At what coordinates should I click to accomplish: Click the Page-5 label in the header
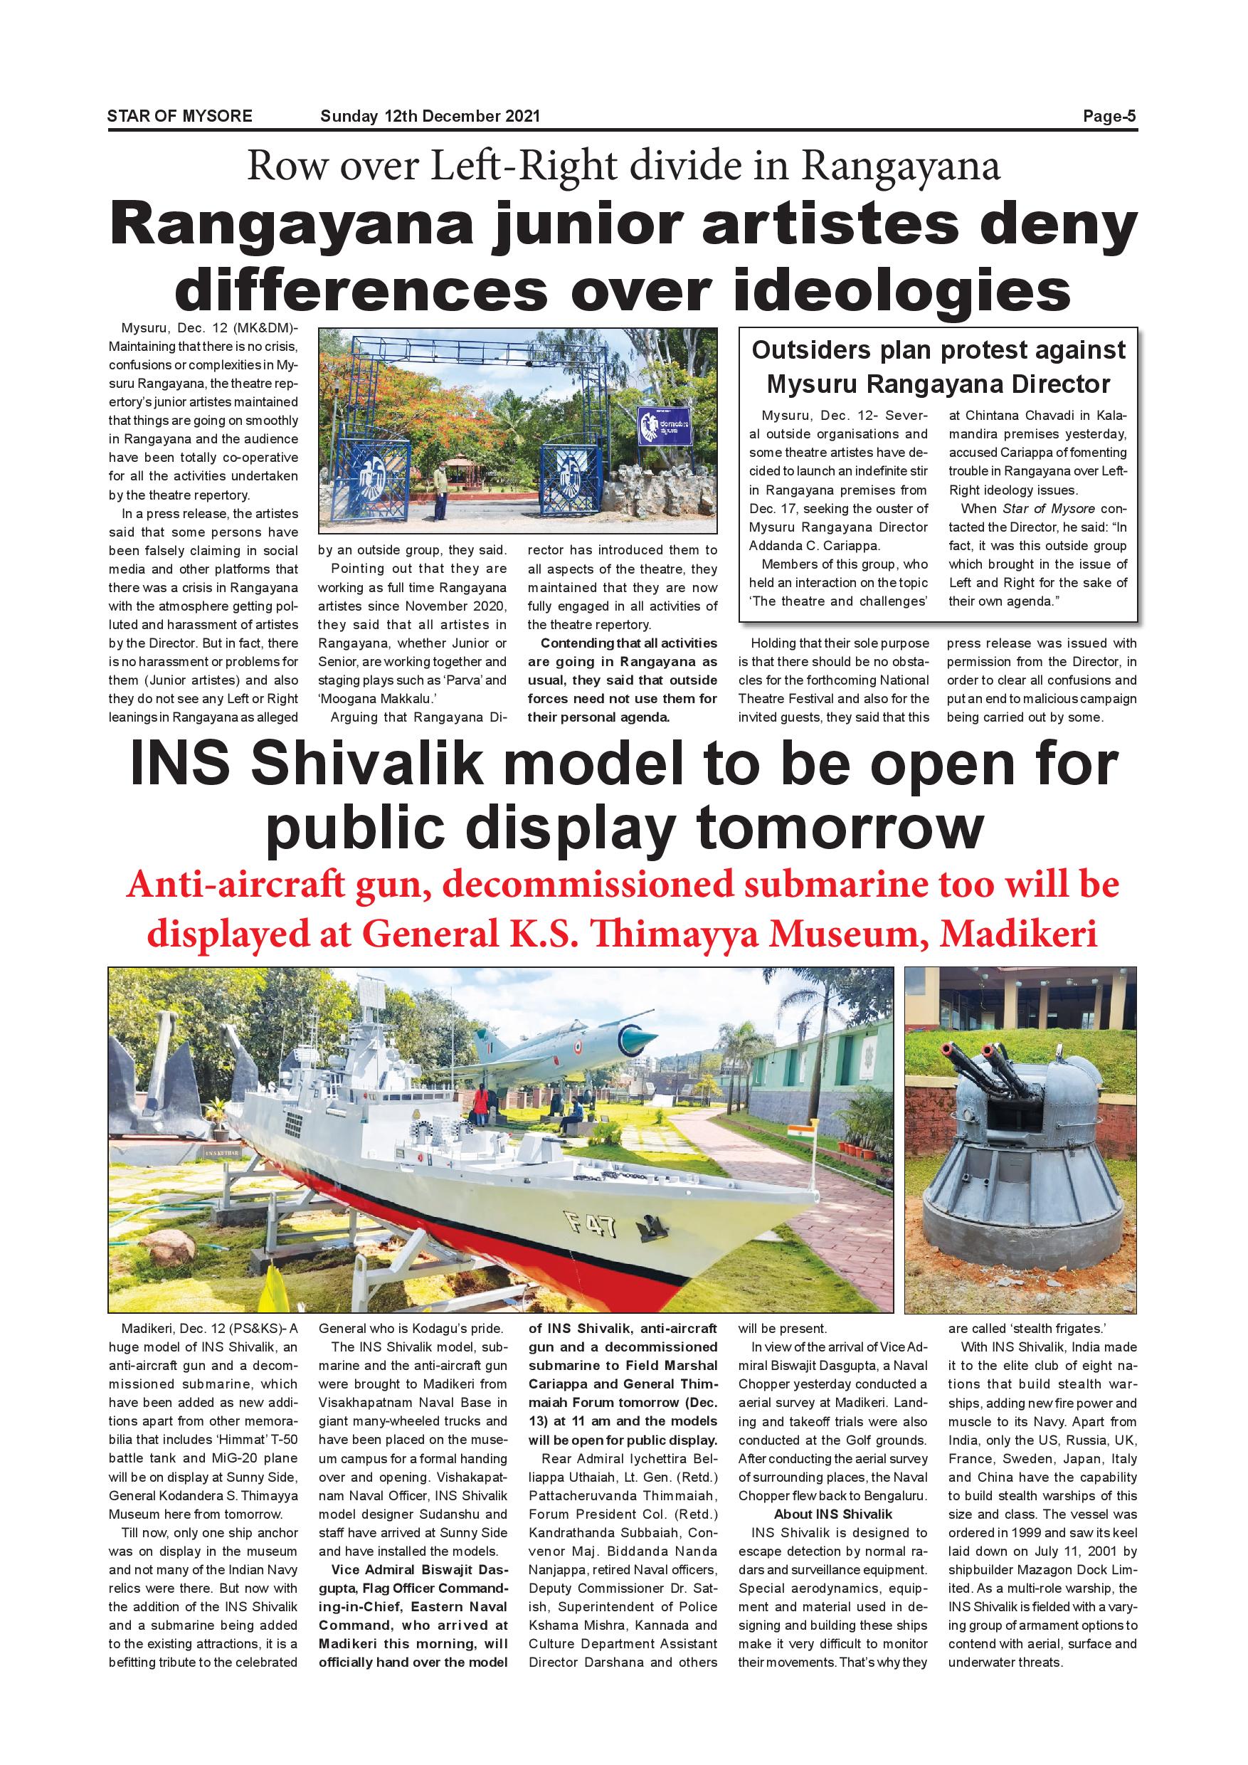(x=1109, y=116)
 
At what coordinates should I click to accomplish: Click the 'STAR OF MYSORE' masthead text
(x=179, y=116)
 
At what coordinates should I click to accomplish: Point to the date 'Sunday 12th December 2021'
(x=430, y=116)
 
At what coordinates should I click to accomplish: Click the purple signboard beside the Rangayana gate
(x=664, y=426)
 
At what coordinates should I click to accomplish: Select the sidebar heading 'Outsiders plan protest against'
(x=938, y=351)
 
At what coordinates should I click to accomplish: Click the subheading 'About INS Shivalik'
(x=833, y=1514)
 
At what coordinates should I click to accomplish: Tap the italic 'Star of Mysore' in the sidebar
(x=1049, y=509)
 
